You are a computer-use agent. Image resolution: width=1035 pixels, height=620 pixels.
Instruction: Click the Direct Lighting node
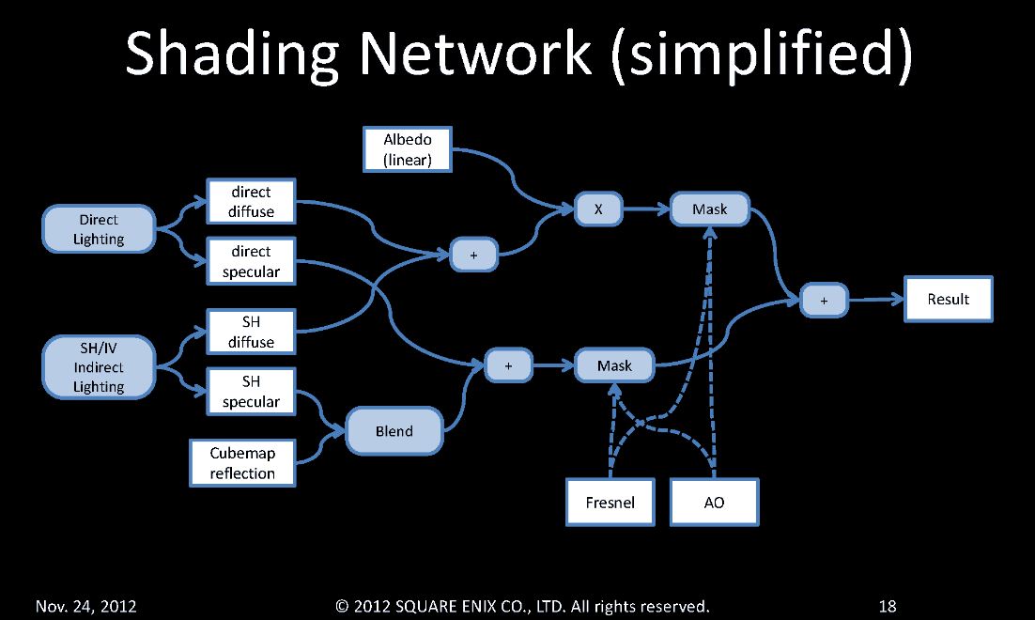(99, 229)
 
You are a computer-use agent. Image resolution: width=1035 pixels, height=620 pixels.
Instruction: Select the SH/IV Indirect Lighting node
(99, 367)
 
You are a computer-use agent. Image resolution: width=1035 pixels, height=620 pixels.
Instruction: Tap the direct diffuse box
(251, 202)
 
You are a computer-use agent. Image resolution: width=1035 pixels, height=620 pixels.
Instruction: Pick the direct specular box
(251, 261)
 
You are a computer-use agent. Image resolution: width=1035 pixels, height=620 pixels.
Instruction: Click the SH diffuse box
(251, 332)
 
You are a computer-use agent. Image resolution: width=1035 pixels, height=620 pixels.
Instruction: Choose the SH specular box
(251, 392)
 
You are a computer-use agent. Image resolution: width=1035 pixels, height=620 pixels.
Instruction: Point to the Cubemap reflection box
(242, 463)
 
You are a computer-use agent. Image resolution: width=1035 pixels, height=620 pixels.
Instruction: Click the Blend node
(394, 431)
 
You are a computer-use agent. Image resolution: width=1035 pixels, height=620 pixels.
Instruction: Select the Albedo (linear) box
(408, 150)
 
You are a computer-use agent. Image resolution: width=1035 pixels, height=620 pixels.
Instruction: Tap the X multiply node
(598, 209)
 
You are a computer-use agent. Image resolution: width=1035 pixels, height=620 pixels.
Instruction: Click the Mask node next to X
(709, 209)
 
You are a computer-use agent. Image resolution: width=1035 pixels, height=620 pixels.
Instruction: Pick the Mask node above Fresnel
(614, 365)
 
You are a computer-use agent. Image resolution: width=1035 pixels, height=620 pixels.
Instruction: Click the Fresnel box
(610, 503)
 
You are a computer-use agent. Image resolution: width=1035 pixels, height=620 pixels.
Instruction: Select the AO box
(714, 503)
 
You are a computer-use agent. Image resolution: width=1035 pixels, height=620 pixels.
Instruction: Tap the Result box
(948, 299)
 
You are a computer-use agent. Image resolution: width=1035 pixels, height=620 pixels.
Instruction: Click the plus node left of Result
(825, 301)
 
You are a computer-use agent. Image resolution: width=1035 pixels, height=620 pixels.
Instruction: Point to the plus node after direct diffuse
(472, 255)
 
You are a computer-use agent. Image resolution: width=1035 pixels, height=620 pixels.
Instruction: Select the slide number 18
(888, 607)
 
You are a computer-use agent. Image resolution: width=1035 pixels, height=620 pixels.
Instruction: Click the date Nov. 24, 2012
(86, 607)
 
